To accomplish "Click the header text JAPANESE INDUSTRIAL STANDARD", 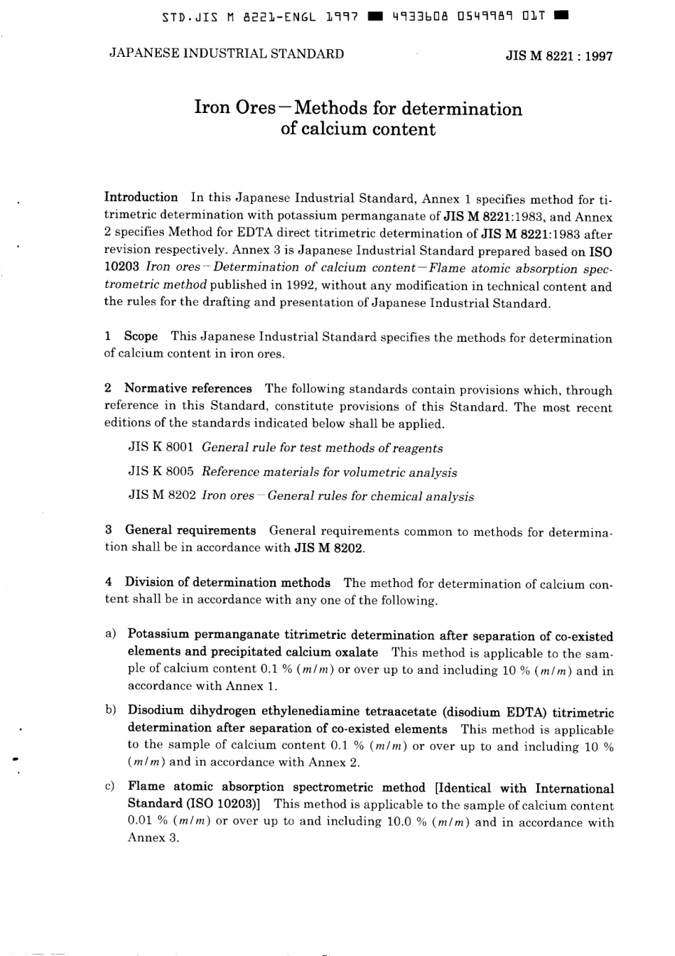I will point(226,54).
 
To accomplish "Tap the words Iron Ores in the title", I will point(234,108).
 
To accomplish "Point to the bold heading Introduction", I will point(141,198).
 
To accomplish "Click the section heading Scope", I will point(141,336).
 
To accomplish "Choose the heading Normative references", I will point(188,388).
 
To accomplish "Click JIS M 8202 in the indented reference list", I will point(161,496).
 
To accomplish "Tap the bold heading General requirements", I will point(190,530).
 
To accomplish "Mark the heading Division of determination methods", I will point(227,583).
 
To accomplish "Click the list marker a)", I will point(110,634).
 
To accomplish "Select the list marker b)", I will point(110,711).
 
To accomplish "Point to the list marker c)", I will point(110,787).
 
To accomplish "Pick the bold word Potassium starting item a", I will point(158,635).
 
